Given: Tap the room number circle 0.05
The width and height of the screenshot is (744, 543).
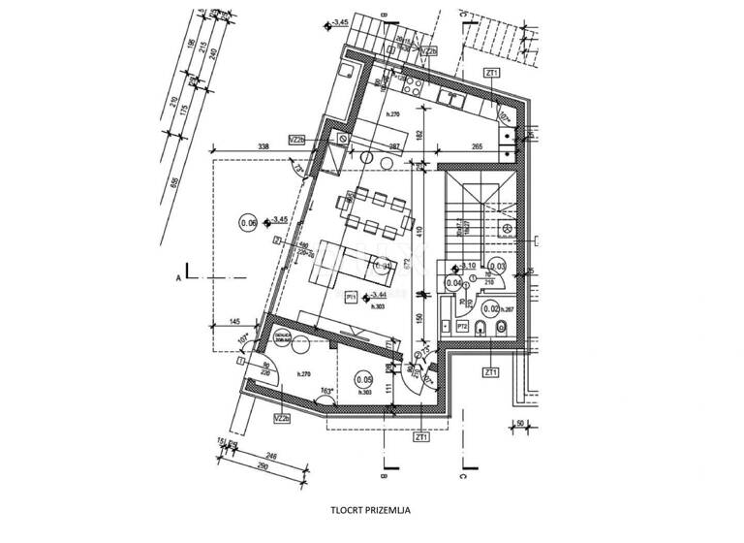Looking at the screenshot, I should pos(364,380).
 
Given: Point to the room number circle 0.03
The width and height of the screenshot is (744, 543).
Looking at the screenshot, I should pos(498,265).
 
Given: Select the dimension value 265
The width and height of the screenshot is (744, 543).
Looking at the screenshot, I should pos(478,146).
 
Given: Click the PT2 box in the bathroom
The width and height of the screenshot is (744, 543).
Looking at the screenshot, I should pos(463,328).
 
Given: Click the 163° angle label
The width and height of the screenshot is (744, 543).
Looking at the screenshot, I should pos(327,393).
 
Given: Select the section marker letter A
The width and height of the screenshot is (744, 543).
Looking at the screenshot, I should pos(178,277).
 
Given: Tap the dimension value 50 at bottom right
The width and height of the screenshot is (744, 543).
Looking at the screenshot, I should pos(519,423).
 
